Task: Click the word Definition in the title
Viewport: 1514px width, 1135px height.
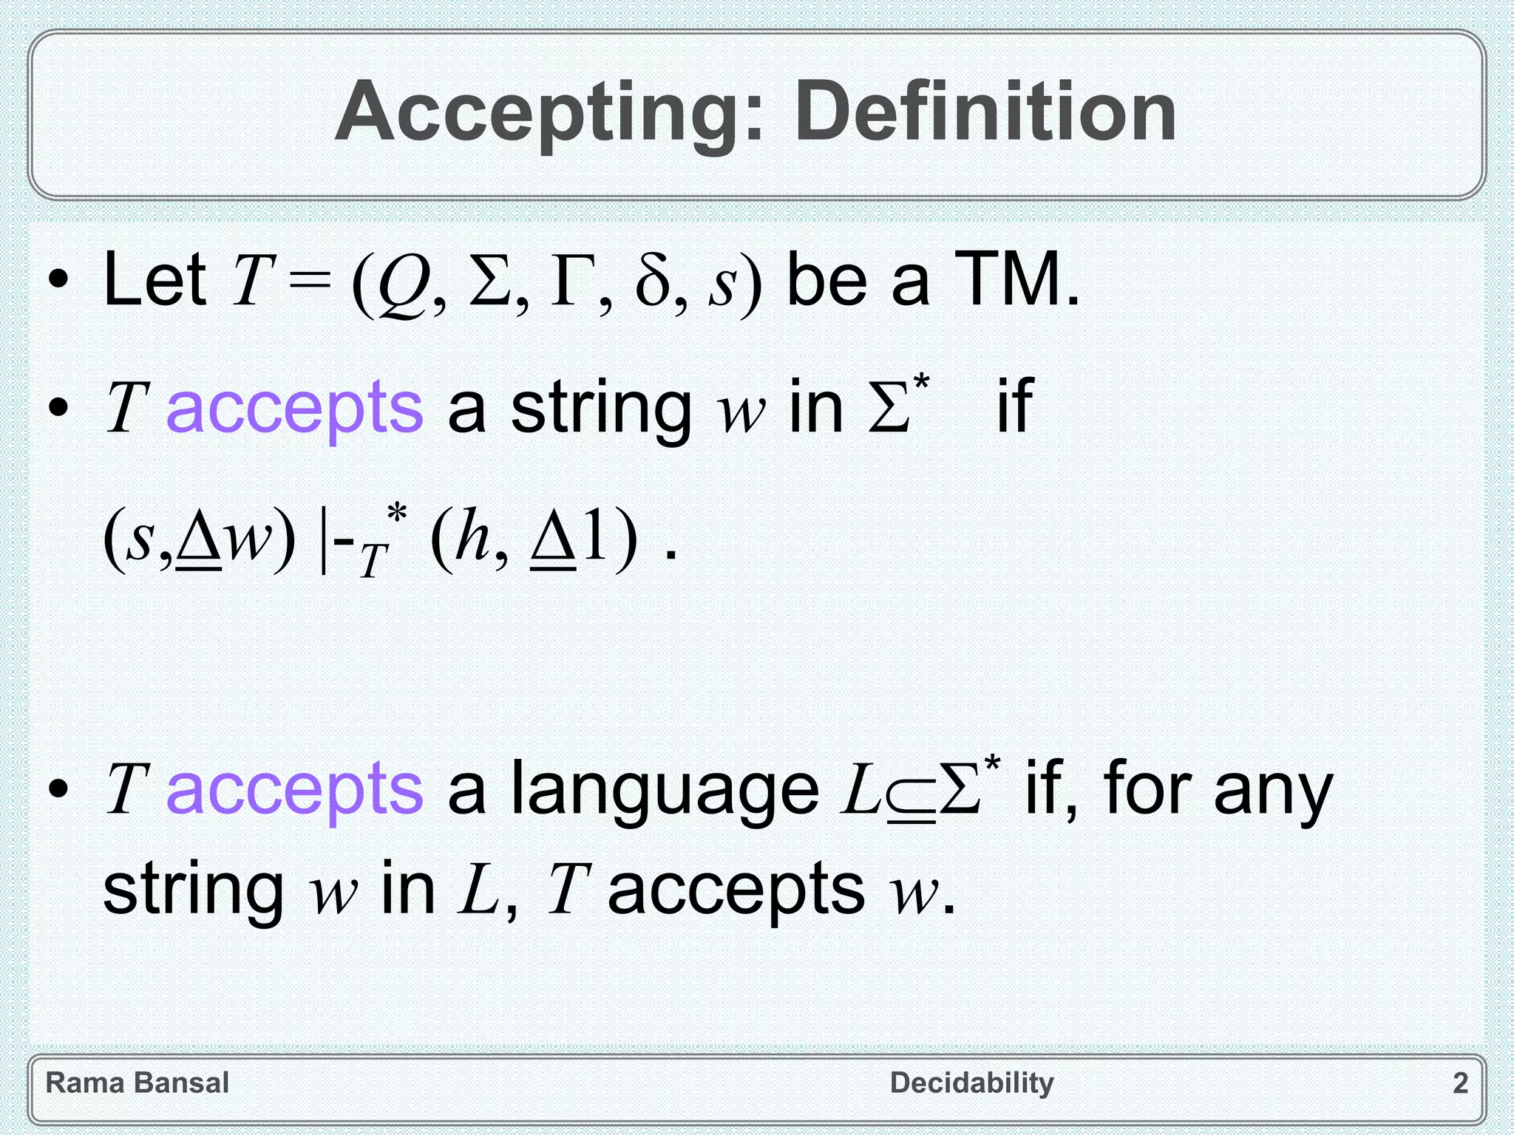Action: coord(985,112)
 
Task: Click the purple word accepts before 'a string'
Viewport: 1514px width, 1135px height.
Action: coord(294,408)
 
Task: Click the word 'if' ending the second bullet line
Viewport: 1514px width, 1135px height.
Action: coord(1014,405)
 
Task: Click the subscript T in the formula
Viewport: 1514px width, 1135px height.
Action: coord(373,561)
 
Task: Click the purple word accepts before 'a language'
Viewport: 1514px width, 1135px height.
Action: coord(294,789)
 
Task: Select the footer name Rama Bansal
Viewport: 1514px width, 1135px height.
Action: coord(138,1083)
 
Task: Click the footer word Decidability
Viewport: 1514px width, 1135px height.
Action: coord(971,1083)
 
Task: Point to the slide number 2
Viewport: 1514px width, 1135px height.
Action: coord(1460,1083)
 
